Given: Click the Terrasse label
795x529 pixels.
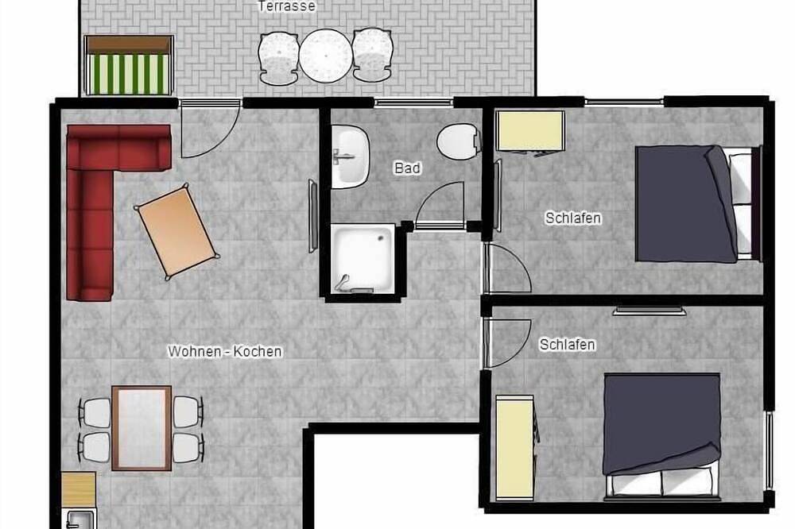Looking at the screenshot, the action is point(286,6).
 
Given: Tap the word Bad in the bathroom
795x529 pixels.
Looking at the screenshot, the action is point(407,168).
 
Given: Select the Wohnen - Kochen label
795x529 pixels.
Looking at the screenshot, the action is point(225,351).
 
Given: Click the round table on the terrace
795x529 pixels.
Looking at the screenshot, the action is point(325,56).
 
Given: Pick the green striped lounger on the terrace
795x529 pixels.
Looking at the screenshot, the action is point(129,65).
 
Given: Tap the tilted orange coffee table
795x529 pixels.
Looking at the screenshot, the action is point(176,232).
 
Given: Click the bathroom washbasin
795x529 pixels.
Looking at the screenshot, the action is point(350,156).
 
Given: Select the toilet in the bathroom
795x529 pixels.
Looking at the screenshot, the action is point(459,142).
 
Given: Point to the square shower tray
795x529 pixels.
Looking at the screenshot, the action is point(363,259).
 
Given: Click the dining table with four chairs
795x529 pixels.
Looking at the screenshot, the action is point(142,428).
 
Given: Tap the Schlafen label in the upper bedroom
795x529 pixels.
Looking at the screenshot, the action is point(573,218).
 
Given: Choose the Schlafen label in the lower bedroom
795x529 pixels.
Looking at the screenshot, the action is point(568,345).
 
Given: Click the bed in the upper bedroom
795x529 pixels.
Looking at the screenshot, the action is point(698,203).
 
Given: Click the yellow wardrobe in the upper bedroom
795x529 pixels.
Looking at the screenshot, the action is point(531,131).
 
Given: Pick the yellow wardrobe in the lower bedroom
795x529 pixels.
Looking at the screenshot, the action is point(514,447).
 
